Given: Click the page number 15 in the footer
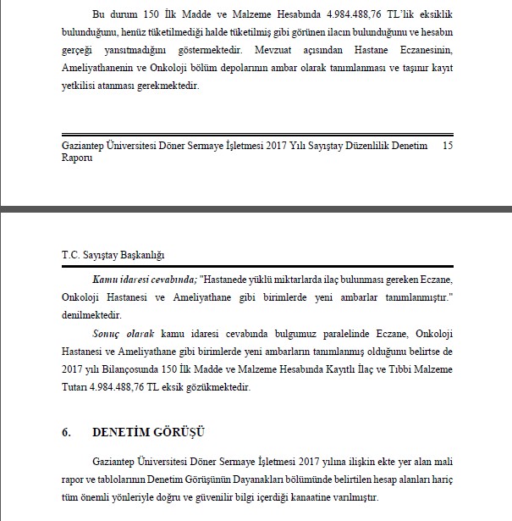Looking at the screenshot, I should coord(449,147).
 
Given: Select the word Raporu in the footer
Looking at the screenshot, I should coord(78,158).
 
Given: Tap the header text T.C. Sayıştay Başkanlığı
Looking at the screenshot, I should coord(113,255).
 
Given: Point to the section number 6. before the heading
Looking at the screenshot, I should coord(65,431).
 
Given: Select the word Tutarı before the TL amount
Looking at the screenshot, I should coord(79,387).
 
